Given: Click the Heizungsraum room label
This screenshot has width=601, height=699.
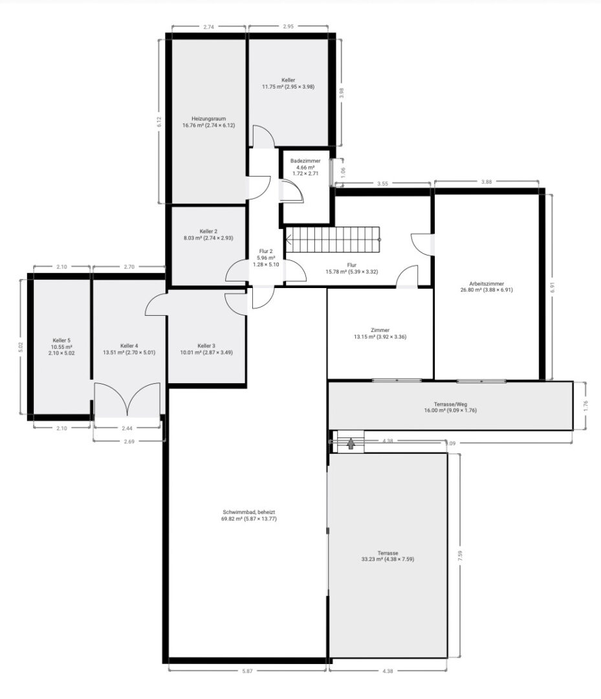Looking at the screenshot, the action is tap(208, 118).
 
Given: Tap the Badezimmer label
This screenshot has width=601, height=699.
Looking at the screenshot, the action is tap(305, 161).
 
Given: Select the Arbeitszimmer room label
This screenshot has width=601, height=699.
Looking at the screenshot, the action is tap(486, 283).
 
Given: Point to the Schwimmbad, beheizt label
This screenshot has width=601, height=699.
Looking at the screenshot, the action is tap(249, 512).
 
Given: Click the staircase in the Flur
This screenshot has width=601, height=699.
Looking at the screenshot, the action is tap(333, 239).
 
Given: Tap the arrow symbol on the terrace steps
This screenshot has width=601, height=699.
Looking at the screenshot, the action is tap(351, 443).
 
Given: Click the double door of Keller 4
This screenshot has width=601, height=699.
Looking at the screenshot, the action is tap(127, 399).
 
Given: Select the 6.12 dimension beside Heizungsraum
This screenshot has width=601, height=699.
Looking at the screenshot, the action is tap(159, 122).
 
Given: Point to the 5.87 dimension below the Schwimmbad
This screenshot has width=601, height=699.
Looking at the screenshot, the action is tap(247, 671).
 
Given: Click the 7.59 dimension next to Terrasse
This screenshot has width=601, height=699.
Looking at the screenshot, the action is tap(460, 555).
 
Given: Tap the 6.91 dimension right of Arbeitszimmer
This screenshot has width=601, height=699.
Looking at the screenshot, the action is tap(552, 287).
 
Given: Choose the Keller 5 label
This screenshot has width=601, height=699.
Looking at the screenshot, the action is tap(61, 340).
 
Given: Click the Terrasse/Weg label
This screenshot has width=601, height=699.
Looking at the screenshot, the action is tap(450, 404).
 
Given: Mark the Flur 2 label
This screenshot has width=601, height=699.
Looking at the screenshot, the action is tap(265, 251).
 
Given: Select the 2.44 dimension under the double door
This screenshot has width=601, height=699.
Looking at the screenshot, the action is tap(127, 428).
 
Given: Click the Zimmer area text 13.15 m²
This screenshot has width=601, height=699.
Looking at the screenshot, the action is tap(364, 337).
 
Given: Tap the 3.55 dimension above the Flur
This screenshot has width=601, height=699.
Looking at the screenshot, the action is tap(382, 183).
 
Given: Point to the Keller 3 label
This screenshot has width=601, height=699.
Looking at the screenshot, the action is tap(206, 346).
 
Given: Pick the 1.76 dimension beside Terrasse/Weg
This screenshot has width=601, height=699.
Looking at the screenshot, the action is tap(586, 406).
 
